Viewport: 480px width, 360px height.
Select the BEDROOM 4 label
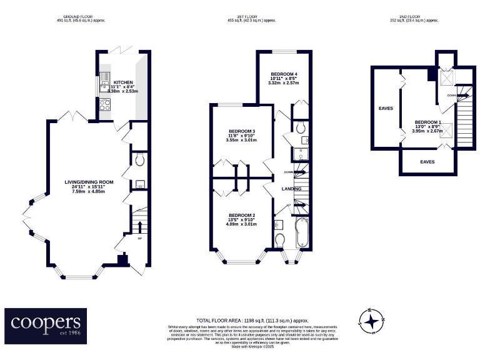282,74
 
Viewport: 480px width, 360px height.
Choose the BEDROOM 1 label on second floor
428,122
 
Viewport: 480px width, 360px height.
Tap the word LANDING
291,189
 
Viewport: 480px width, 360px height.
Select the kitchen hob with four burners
103,106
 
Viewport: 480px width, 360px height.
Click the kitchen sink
102,82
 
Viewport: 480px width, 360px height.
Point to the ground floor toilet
139,160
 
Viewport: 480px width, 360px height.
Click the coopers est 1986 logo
45,325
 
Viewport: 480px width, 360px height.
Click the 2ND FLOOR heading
411,17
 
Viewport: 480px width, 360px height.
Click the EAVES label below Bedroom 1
427,162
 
